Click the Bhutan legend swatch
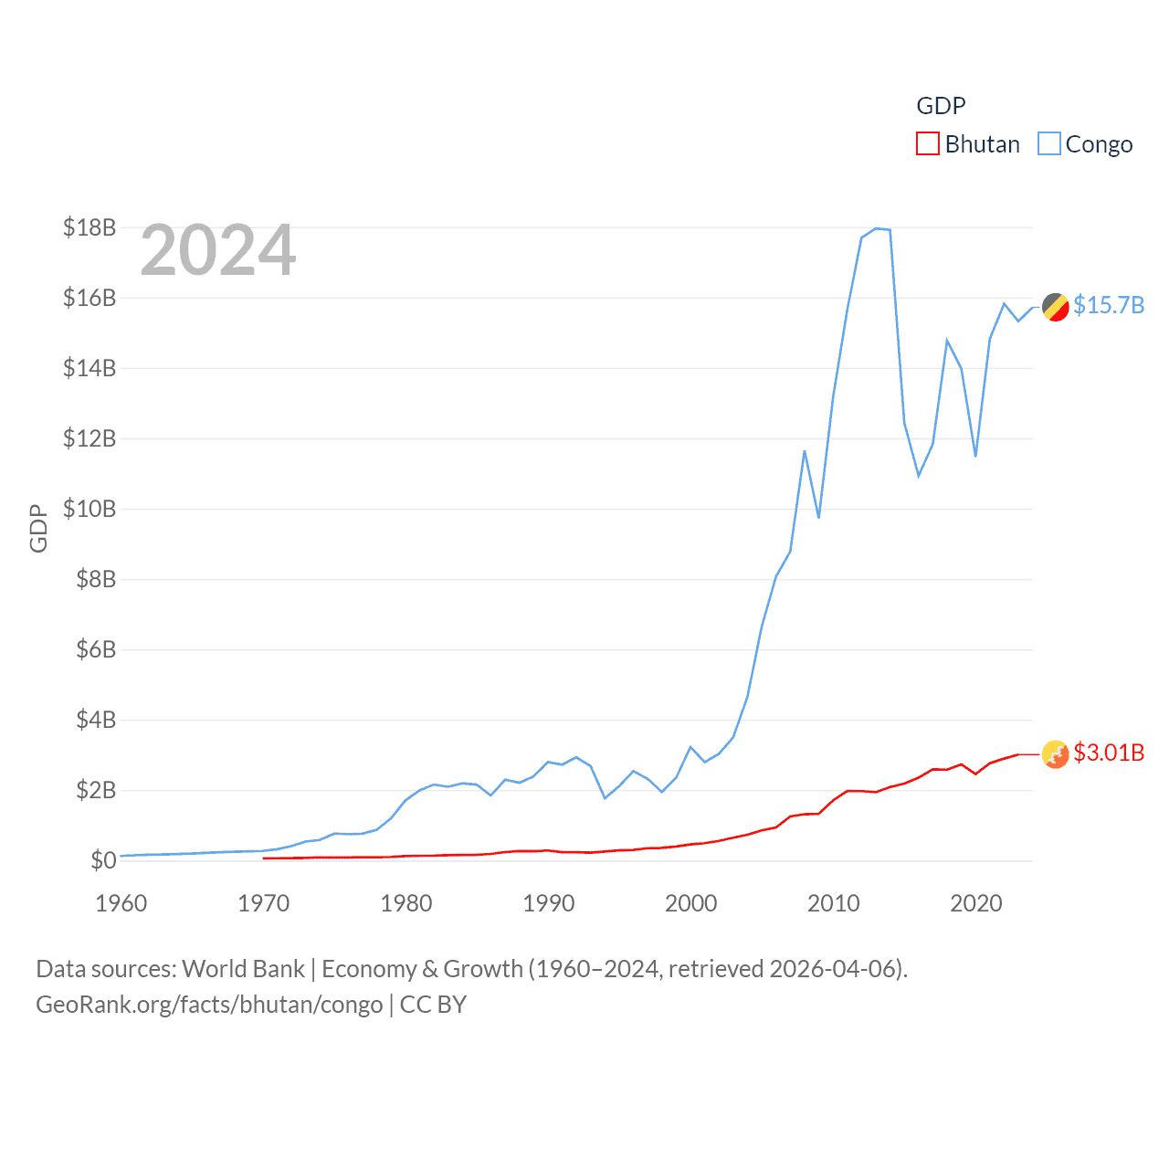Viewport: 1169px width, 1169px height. [x=927, y=144]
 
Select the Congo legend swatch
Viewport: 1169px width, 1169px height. [x=1049, y=144]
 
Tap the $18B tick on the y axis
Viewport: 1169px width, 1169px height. [x=90, y=227]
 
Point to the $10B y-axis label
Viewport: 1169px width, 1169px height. [x=90, y=509]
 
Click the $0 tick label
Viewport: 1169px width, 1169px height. [x=103, y=860]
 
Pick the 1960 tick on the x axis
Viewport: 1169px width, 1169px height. [x=121, y=903]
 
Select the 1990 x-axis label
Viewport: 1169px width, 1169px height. [x=549, y=903]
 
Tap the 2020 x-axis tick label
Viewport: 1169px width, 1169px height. [x=976, y=903]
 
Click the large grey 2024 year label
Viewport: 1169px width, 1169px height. [x=218, y=250]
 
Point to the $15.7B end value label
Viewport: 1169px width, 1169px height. [x=1109, y=305]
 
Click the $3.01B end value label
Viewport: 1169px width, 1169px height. [x=1109, y=753]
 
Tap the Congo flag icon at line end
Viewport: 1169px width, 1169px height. [x=1056, y=307]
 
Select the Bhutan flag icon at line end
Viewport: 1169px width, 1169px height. [x=1056, y=754]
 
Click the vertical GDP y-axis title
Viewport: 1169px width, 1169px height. [x=38, y=528]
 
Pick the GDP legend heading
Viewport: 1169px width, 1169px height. [x=941, y=106]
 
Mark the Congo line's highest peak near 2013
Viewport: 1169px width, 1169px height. [x=876, y=228]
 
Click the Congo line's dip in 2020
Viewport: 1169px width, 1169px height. [x=975, y=456]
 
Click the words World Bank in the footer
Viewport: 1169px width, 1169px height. [x=243, y=969]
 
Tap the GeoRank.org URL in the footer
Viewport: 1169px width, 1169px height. [x=209, y=1005]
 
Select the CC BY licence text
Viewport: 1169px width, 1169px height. [x=433, y=1005]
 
